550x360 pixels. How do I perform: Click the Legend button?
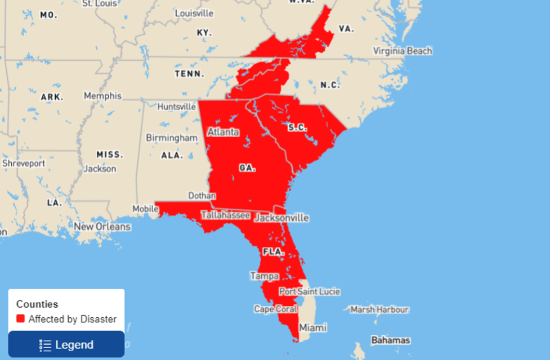(x=66, y=344)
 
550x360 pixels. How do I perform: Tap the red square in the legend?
(x=21, y=319)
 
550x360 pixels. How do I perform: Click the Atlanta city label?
(x=223, y=132)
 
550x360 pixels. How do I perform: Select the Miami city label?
(x=312, y=327)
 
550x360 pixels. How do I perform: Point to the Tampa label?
(x=265, y=276)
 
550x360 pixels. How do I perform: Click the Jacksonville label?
(x=281, y=218)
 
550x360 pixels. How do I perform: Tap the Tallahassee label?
(x=225, y=215)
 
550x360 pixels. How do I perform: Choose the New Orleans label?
(x=102, y=227)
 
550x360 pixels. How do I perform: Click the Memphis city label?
(x=102, y=96)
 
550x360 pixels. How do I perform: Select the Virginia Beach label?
(x=403, y=51)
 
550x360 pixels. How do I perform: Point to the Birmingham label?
(x=172, y=138)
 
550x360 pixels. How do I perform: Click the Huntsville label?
(x=177, y=106)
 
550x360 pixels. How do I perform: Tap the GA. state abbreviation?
(x=247, y=168)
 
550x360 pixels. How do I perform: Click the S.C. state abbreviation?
(x=297, y=127)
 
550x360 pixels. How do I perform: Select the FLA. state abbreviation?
(x=273, y=252)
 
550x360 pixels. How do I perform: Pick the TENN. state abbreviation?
(x=189, y=74)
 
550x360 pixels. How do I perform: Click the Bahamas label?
(x=391, y=340)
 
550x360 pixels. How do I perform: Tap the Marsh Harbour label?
(x=379, y=309)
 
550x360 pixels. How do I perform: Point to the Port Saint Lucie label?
(x=310, y=291)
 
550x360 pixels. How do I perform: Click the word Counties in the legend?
(x=37, y=304)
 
